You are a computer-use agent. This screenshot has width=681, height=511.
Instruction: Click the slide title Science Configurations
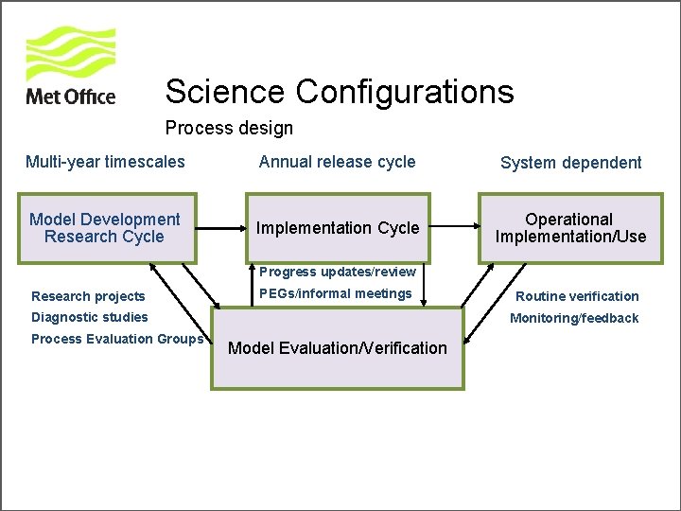pos(339,92)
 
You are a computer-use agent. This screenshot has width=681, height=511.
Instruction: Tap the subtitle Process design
pos(229,128)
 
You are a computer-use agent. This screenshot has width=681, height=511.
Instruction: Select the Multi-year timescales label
pos(105,162)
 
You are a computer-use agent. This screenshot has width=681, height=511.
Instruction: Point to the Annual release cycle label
pos(337,162)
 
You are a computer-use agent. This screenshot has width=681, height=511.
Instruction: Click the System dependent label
pos(570,163)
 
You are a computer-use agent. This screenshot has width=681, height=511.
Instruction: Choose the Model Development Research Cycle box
pos(104,228)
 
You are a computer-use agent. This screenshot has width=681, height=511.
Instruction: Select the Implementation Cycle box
pos(338,228)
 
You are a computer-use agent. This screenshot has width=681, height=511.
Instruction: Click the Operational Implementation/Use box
pos(570,228)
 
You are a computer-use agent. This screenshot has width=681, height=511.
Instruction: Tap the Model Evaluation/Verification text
pos(338,347)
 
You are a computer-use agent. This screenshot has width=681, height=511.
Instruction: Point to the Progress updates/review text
pos(338,273)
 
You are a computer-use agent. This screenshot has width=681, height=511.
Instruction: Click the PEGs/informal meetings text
pos(335,294)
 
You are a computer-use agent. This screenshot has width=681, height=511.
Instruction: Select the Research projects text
pos(88,296)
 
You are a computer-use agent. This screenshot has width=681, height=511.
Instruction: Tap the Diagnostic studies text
pos(90,317)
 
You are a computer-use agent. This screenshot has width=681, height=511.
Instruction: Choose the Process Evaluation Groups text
pos(117,339)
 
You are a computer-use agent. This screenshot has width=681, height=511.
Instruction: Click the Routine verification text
pos(577,296)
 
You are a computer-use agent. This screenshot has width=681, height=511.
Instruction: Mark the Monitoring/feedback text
pos(574,318)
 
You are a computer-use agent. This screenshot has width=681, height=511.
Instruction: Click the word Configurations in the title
pos(405,92)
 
